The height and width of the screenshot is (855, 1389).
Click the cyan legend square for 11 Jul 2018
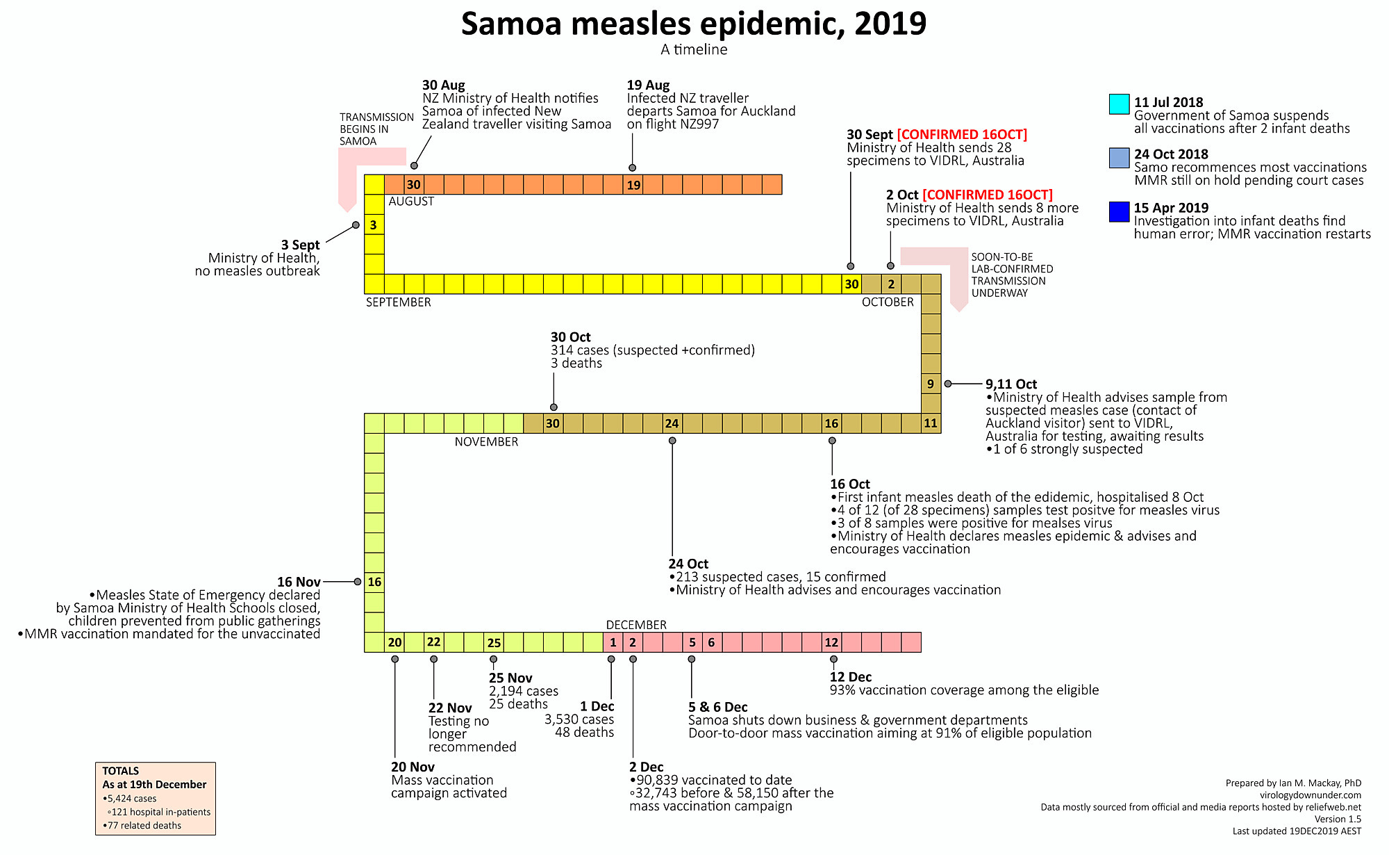click(x=1119, y=104)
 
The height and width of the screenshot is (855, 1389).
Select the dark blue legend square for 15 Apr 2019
click(x=1119, y=211)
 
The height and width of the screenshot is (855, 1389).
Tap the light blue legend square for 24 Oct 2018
click(x=1119, y=158)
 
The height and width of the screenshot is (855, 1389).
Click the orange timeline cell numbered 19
click(x=633, y=185)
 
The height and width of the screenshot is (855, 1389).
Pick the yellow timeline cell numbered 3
click(x=374, y=225)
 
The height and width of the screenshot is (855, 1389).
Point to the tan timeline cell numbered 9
click(x=931, y=384)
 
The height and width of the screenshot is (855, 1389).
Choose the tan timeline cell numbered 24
click(x=672, y=423)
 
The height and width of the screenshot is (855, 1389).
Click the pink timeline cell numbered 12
click(x=831, y=642)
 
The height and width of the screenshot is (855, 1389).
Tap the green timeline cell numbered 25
click(x=494, y=642)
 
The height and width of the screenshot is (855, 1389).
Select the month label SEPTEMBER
click(x=398, y=302)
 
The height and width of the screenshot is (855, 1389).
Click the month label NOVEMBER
click(x=486, y=442)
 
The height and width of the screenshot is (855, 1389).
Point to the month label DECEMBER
click(x=636, y=625)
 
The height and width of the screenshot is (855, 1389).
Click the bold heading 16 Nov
click(x=299, y=583)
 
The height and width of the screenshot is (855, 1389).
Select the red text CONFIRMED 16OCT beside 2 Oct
click(x=987, y=195)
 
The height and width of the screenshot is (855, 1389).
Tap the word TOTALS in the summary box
click(x=120, y=771)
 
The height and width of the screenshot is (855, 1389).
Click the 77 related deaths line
click(x=142, y=826)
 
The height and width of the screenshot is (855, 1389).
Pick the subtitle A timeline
click(x=694, y=49)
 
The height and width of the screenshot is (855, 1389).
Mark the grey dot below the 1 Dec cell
click(x=611, y=660)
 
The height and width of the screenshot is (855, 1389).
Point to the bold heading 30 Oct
click(x=570, y=337)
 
